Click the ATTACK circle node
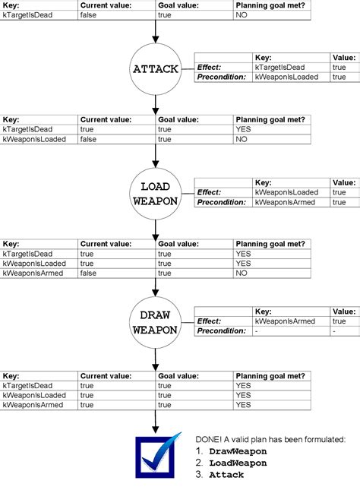click(x=155, y=68)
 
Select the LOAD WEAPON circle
click(x=155, y=194)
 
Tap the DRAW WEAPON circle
click(x=155, y=323)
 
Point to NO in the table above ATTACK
click(x=242, y=14)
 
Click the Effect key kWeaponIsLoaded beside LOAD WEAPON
click(x=286, y=193)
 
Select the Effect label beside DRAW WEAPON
click(x=208, y=321)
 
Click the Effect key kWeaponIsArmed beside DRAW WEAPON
click(x=285, y=321)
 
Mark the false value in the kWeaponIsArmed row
click(x=88, y=273)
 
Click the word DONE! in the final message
click(x=210, y=439)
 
